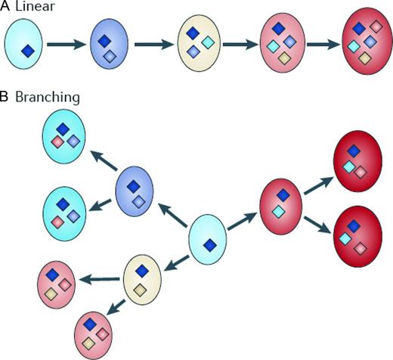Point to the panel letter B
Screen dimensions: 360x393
(5, 98)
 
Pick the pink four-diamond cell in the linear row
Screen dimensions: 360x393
(281, 43)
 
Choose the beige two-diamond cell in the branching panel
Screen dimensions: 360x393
(141, 279)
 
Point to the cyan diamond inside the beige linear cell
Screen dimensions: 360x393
(207, 39)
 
